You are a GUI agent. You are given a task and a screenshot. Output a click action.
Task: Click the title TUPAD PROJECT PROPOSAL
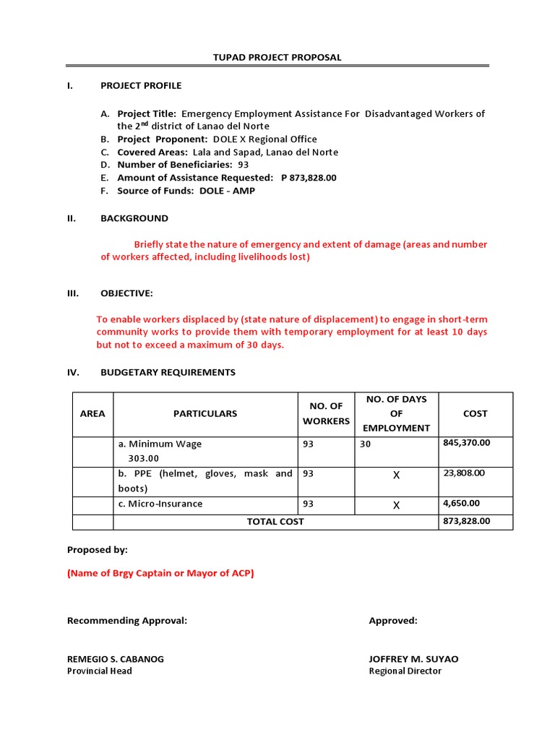tap(277, 57)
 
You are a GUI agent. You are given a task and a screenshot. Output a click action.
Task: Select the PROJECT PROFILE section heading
tap(141, 85)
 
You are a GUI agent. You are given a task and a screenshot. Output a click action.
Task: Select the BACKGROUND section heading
tap(134, 218)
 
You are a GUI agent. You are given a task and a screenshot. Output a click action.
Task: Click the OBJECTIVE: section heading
tap(126, 293)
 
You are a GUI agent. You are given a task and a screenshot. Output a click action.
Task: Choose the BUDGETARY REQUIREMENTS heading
tap(168, 372)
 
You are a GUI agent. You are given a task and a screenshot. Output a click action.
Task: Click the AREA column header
tap(92, 414)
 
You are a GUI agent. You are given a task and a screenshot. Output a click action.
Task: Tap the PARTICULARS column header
tap(205, 414)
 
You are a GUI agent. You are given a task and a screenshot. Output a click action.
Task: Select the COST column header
tap(475, 414)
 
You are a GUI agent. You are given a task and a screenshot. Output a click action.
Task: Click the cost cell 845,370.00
tap(466, 443)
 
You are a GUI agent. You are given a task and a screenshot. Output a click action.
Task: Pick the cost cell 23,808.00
tap(463, 473)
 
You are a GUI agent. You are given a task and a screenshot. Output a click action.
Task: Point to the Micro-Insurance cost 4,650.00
tap(461, 503)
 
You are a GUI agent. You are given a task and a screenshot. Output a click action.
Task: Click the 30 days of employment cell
tap(365, 444)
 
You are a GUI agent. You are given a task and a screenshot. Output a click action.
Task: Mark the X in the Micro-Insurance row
tap(396, 504)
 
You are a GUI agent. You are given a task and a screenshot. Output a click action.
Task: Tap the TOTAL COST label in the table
tap(275, 521)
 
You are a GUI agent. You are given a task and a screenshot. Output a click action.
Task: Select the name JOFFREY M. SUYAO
tap(413, 659)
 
